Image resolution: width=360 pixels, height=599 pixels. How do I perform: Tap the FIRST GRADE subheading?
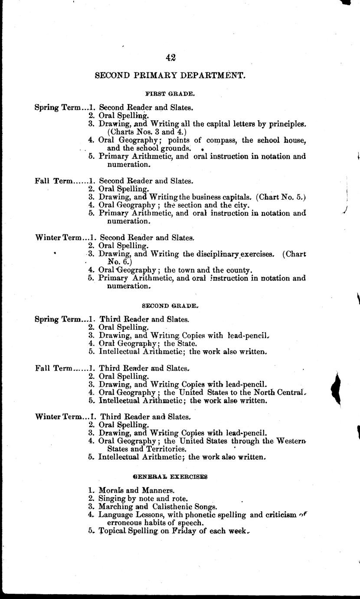(x=164, y=93)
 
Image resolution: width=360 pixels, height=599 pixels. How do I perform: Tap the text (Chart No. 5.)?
(x=281, y=197)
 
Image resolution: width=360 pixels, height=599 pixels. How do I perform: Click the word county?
(x=238, y=270)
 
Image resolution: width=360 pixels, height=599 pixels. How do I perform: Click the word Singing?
(x=112, y=498)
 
